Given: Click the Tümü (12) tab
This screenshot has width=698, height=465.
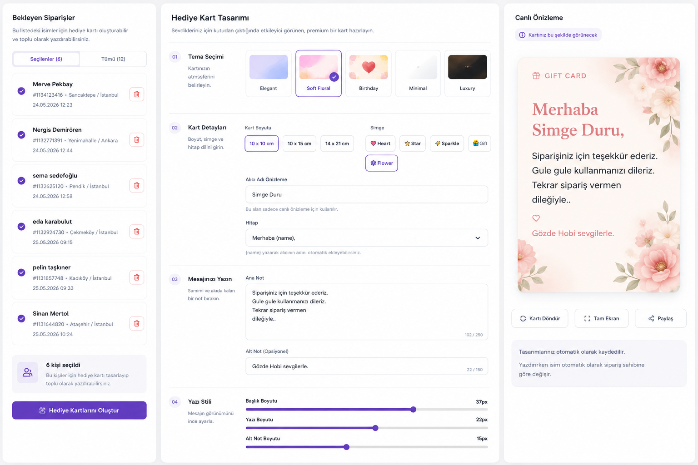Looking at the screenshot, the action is click(x=113, y=59).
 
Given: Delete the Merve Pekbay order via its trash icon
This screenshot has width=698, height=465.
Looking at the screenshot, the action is click(x=136, y=94).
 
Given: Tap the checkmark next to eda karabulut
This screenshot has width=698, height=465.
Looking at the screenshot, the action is click(x=21, y=227).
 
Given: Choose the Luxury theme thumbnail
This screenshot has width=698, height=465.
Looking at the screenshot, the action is click(x=467, y=67).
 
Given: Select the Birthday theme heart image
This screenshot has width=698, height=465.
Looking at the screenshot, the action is click(x=369, y=67).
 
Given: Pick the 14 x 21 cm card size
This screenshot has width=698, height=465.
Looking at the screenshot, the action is click(x=337, y=143).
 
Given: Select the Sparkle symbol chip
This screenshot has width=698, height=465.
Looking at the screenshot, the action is click(x=447, y=143).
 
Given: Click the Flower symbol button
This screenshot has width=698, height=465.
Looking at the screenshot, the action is click(x=381, y=163).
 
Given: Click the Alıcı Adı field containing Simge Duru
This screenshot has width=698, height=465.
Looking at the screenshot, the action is click(x=366, y=195).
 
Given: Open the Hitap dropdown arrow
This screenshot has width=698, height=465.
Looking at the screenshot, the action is click(x=478, y=238).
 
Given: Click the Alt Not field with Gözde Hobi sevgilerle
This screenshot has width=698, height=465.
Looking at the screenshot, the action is click(x=366, y=366).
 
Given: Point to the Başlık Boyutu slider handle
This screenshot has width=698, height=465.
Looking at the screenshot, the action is click(x=413, y=410).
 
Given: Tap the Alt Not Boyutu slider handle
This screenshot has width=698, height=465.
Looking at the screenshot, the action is click(x=347, y=447).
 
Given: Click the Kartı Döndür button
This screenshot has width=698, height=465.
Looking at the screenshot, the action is click(x=540, y=318).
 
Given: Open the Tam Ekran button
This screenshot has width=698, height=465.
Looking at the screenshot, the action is click(x=601, y=318).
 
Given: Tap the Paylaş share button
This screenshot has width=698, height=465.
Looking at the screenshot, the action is click(x=661, y=318).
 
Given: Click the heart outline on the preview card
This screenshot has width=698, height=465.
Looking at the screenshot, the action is click(x=536, y=218).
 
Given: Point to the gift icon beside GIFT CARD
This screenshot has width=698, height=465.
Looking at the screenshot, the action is click(x=536, y=76).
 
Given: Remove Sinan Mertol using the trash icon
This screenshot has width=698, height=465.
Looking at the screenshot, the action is click(x=136, y=323).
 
